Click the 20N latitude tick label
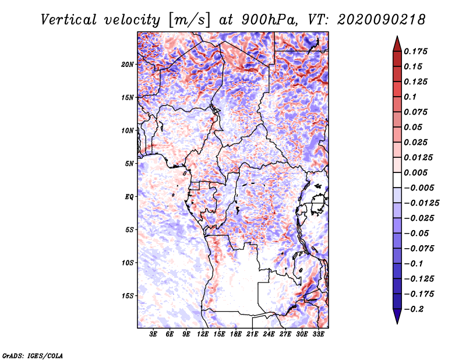click(x=128, y=64)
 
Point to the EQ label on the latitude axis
click(x=129, y=196)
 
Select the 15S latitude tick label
click(x=128, y=296)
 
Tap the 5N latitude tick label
click(x=129, y=164)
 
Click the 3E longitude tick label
click(x=153, y=334)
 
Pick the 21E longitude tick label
click(x=252, y=334)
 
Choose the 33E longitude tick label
click(x=318, y=334)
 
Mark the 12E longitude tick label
click(x=203, y=334)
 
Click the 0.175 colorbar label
click(x=415, y=51)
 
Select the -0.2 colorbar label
click(x=414, y=309)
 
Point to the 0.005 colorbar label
click(x=415, y=172)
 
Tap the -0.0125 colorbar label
click(x=422, y=203)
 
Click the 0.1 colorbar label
click(x=410, y=97)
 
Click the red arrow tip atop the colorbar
click(x=397, y=37)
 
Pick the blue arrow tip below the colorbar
click(x=397, y=323)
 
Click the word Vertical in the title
click(x=69, y=20)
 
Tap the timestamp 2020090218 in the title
click(x=382, y=20)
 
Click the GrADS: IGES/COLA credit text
click(x=33, y=355)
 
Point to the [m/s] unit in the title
click(x=189, y=20)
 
